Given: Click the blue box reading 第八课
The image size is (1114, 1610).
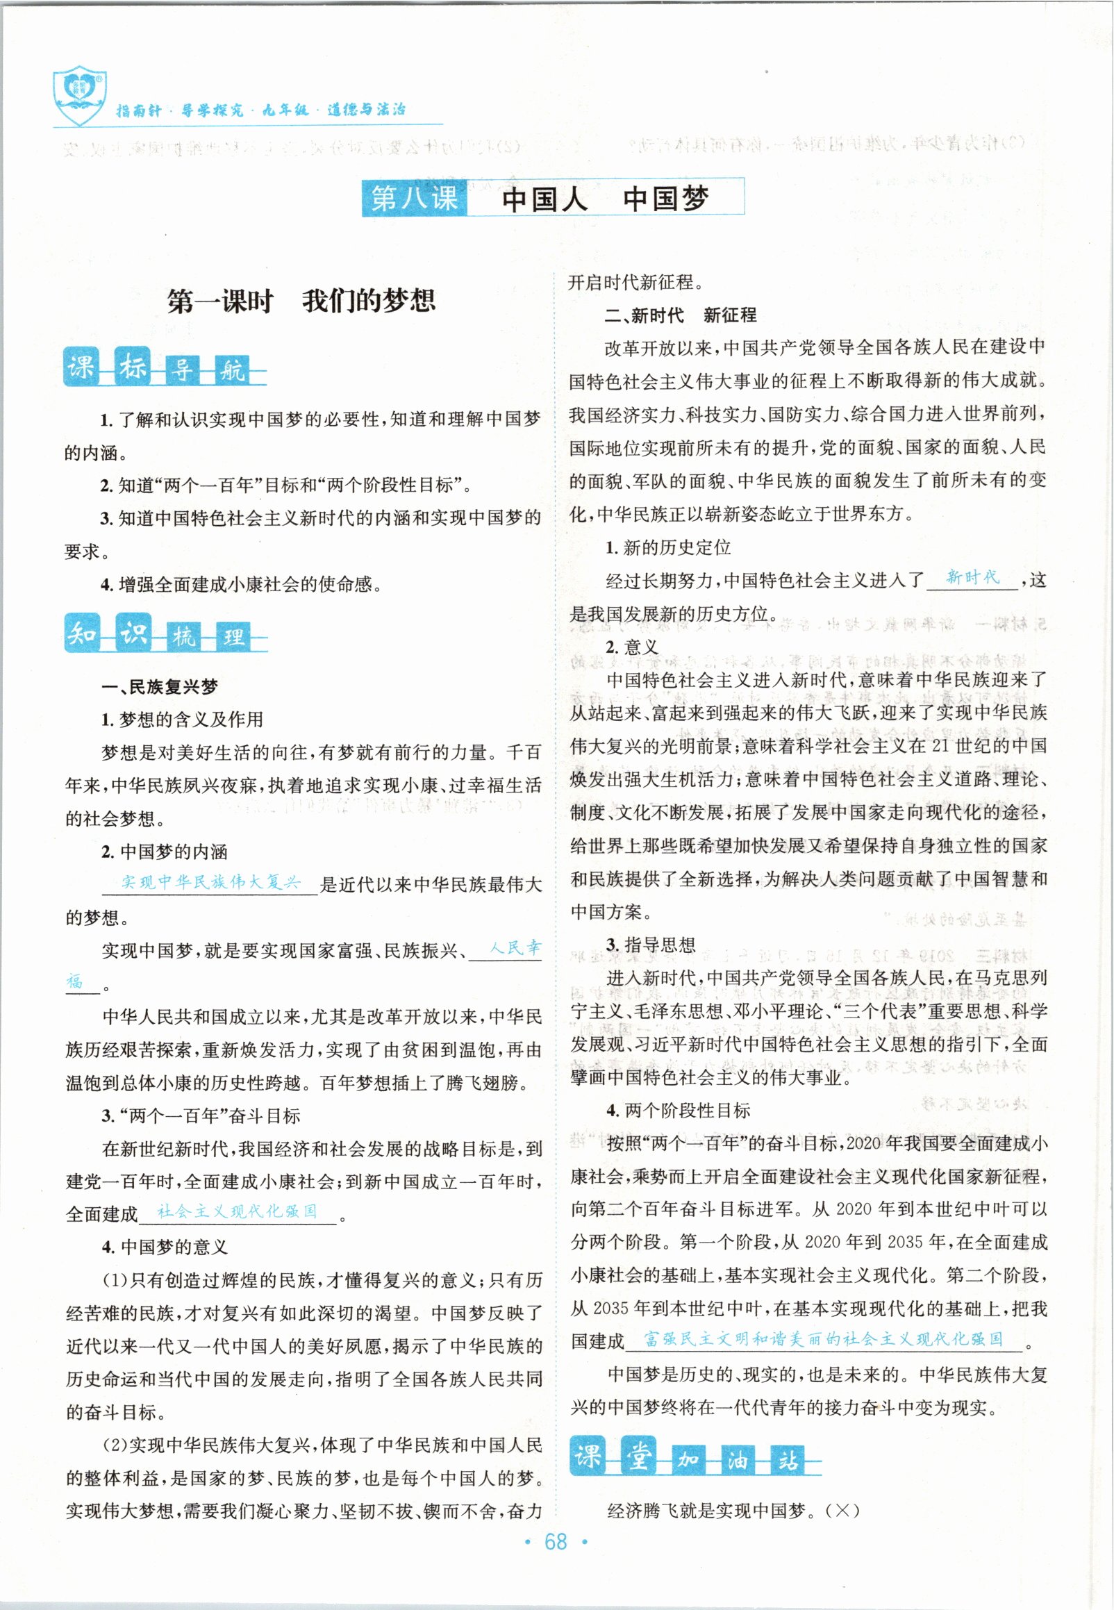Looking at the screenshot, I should (x=414, y=198).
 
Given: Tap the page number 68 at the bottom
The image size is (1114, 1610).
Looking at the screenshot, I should (x=556, y=1542).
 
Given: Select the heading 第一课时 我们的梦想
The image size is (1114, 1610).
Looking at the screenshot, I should (x=301, y=301).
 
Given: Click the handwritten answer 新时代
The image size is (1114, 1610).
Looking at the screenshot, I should (x=972, y=577).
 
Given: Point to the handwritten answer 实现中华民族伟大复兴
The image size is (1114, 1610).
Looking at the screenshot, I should (x=210, y=882).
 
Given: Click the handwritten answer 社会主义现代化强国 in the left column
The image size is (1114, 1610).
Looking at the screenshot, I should (x=238, y=1211).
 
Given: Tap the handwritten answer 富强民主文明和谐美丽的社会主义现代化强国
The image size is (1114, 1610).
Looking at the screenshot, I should (x=823, y=1338).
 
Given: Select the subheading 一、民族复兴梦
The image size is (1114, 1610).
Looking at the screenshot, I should (x=160, y=687).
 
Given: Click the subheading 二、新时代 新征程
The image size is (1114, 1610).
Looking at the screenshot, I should (x=680, y=315).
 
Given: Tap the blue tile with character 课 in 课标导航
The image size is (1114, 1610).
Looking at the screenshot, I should (x=82, y=367).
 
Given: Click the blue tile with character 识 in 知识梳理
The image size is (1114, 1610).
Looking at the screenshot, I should (x=133, y=632).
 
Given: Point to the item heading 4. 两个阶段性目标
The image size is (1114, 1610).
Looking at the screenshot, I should (x=678, y=1111).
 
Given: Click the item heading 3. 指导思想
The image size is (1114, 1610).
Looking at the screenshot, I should (x=651, y=945).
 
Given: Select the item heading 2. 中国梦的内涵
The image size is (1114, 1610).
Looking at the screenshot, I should (x=164, y=852).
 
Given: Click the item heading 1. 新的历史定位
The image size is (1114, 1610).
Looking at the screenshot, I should (x=668, y=547).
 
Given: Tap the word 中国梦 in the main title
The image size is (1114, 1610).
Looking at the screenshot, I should (x=666, y=199).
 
